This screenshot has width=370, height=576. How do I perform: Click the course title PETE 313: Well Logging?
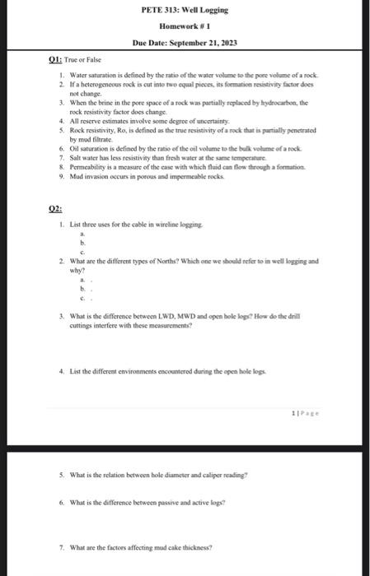[185, 11]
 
